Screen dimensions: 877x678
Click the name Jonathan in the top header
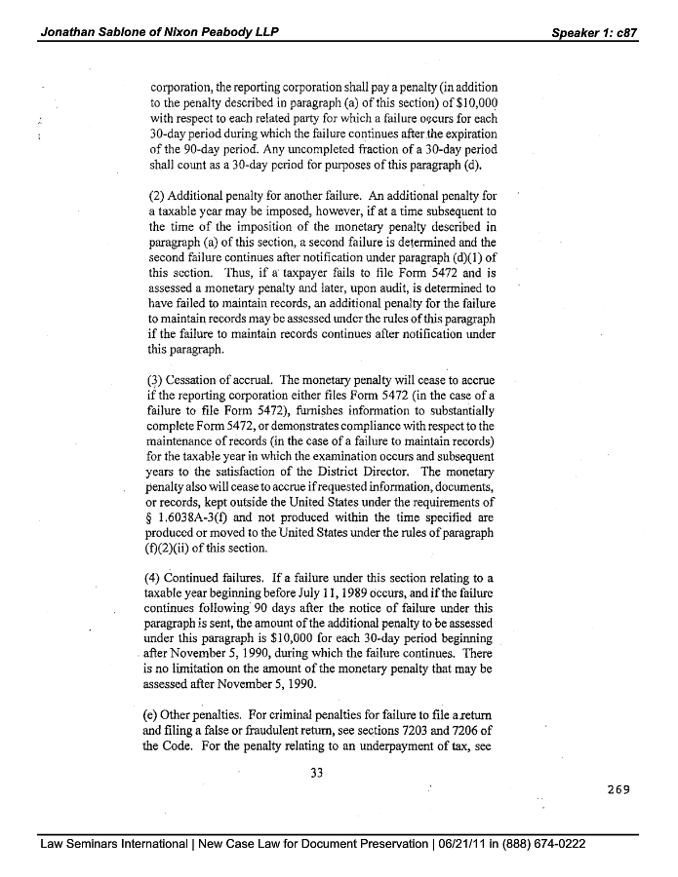pos(71,32)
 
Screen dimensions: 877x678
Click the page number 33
pos(315,773)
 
